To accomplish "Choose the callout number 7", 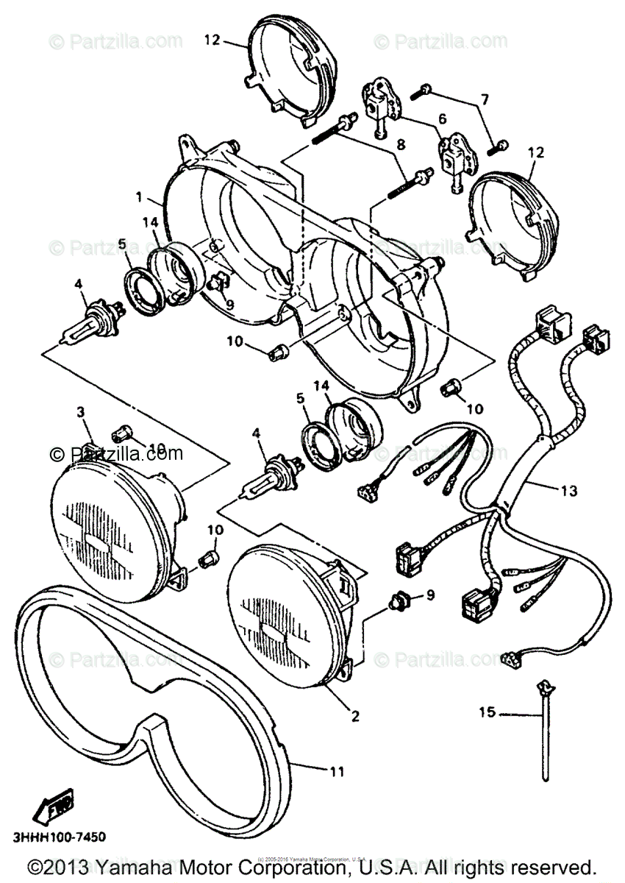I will pos(484,98).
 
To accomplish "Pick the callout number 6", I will pos(443,118).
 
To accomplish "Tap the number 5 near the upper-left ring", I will pos(122,244).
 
